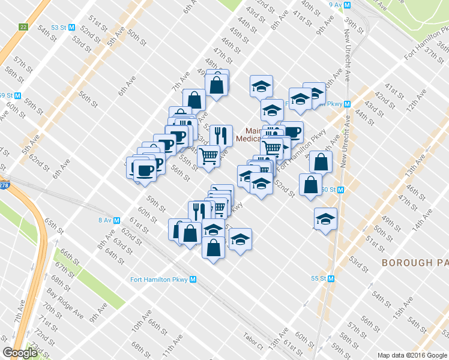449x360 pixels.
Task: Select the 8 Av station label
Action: (x=105, y=220)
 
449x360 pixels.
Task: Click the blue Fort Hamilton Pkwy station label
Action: (x=159, y=279)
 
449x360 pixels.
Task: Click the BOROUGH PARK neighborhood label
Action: (x=415, y=263)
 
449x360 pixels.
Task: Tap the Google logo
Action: (x=20, y=352)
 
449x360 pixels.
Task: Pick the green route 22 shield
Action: (x=23, y=27)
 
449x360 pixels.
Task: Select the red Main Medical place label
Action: (x=255, y=135)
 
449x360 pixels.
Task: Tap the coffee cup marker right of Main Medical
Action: (x=292, y=131)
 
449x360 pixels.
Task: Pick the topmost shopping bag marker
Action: (x=217, y=84)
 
